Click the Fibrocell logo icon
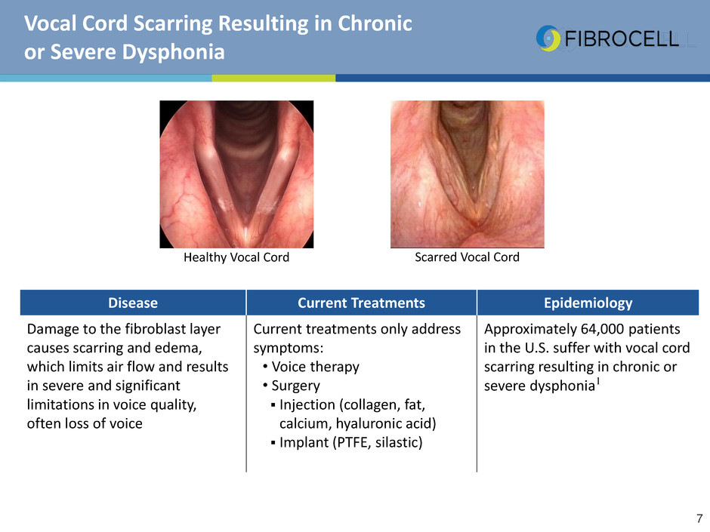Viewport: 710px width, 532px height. [548, 38]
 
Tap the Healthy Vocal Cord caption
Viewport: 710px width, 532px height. [236, 257]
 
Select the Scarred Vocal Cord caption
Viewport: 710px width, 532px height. [467, 257]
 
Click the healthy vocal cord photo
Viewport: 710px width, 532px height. [236, 174]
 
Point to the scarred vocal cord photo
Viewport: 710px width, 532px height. [468, 174]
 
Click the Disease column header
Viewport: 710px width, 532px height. [133, 303]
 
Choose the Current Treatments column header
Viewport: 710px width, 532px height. [361, 303]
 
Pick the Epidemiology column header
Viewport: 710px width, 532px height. [588, 303]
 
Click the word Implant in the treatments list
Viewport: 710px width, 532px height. [304, 442]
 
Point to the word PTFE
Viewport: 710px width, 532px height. [351, 442]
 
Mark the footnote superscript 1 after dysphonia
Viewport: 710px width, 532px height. [598, 382]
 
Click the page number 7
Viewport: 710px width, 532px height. [699, 518]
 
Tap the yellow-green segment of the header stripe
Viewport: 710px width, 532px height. [273, 78]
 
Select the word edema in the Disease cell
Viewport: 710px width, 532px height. [178, 348]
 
